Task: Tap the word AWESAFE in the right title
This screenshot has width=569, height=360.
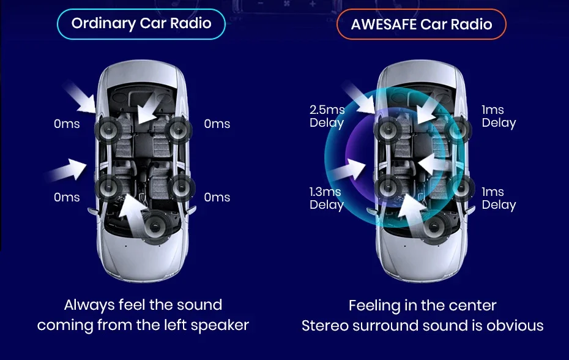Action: (384, 24)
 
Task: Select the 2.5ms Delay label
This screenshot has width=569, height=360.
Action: (327, 116)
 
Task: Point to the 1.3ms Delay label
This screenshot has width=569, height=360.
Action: (327, 198)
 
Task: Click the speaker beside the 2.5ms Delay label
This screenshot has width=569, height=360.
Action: (387, 129)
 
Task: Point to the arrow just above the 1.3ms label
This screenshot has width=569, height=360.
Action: (348, 168)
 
